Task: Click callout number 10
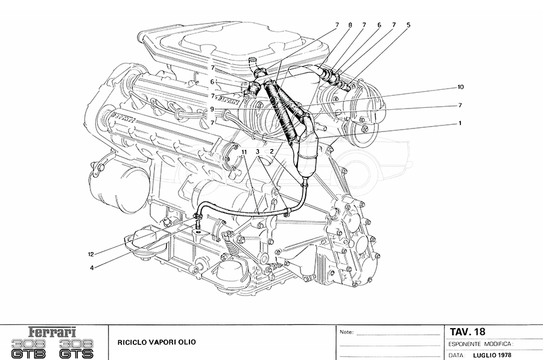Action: [460, 87]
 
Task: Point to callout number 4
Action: [92, 268]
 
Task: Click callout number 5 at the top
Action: [408, 25]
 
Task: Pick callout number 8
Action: [349, 25]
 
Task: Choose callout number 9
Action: [212, 109]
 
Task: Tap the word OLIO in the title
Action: [186, 342]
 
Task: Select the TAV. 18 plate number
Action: [468, 332]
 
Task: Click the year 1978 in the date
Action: [506, 355]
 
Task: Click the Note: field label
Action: [346, 332]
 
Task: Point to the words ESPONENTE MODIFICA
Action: [480, 344]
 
